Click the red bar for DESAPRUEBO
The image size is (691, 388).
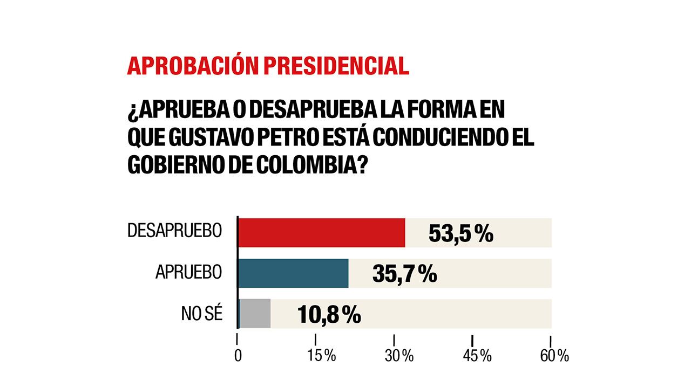tap(322, 233)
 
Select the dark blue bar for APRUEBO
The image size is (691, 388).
tap(293, 273)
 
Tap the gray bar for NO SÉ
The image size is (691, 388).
tap(254, 314)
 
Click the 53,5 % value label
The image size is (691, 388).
tap(460, 234)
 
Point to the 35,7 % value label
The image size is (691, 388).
tap(404, 274)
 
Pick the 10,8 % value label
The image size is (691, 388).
tap(329, 314)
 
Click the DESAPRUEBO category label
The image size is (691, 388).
tap(174, 231)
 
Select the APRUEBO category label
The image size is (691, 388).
tap(188, 272)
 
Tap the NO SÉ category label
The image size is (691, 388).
tap(202, 314)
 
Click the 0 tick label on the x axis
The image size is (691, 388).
tap(238, 356)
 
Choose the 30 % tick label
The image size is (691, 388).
tap(399, 356)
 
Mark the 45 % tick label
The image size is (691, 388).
tap(477, 356)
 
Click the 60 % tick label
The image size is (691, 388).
tap(554, 356)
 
